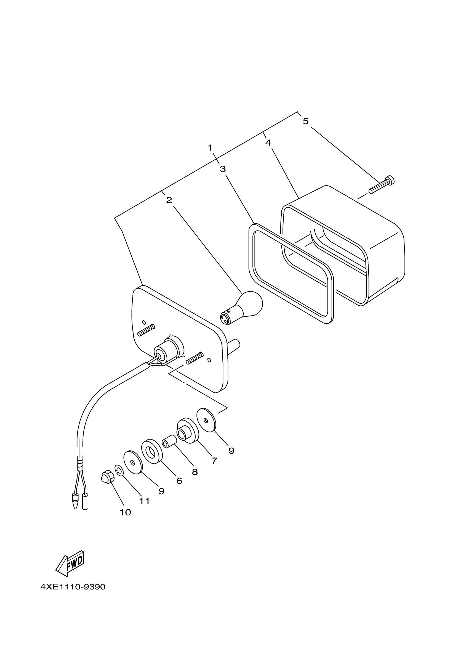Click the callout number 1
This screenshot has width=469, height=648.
(210, 148)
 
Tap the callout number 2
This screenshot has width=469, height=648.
(169, 200)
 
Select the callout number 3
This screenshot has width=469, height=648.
(223, 169)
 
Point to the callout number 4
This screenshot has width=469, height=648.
(268, 142)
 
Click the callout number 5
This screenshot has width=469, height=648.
(305, 121)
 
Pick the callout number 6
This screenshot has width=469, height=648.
(179, 481)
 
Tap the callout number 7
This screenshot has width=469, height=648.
(214, 461)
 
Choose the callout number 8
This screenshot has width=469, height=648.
(195, 472)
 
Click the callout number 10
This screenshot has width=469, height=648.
(125, 512)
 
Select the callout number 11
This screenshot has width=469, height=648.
(145, 501)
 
